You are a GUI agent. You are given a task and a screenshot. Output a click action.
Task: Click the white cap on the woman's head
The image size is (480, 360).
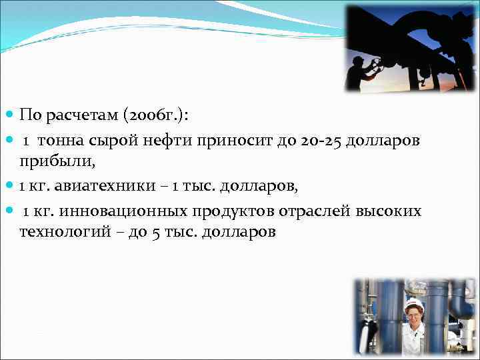coord(413,303)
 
